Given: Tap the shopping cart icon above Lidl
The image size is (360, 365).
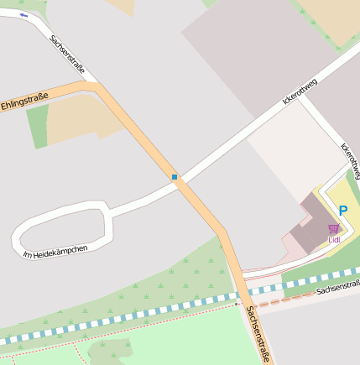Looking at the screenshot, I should tap(334, 228).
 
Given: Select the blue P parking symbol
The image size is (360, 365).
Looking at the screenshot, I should tap(343, 211).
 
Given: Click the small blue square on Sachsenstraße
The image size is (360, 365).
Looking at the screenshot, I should tap(175, 176).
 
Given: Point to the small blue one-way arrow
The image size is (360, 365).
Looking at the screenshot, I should tap(23, 15).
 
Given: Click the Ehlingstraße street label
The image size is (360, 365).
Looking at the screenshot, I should tap(24, 102).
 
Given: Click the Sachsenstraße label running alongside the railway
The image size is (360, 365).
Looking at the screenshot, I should tap(337, 289).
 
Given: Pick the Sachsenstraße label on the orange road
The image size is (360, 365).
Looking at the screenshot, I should tap(258, 334).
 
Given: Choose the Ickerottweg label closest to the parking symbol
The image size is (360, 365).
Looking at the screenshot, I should tap(350, 159).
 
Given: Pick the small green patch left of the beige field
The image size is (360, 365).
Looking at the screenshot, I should tap(37, 126).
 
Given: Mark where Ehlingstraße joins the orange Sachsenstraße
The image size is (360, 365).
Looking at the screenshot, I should tap(95, 87).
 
